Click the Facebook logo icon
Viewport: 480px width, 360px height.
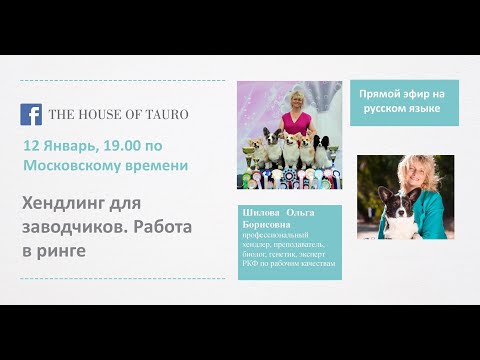click(x=32, y=113)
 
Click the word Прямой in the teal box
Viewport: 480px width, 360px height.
click(x=380, y=92)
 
